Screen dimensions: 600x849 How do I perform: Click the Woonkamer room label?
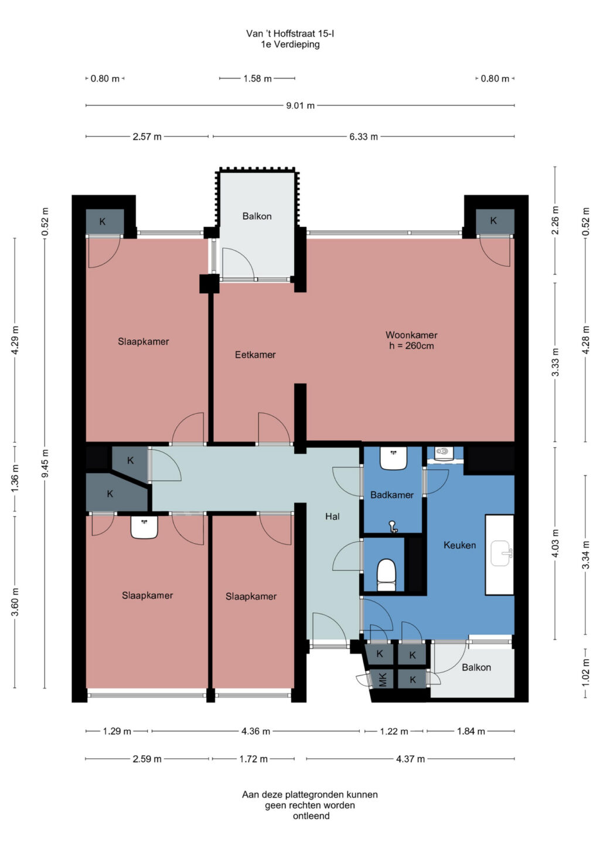[x=411, y=335]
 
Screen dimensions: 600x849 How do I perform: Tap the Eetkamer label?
[x=255, y=355]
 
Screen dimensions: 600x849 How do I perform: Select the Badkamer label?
[x=392, y=495]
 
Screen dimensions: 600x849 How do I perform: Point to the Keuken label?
[x=459, y=545]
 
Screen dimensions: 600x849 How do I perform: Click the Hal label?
[x=332, y=516]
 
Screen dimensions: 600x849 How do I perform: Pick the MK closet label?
[x=383, y=680]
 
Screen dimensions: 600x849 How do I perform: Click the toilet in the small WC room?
[x=386, y=575]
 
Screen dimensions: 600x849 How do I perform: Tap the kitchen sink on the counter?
[x=501, y=553]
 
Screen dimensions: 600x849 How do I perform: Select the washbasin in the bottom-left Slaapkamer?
[x=144, y=527]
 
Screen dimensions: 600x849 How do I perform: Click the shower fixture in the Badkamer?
[x=393, y=527]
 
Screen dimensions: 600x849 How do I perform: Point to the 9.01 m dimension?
[x=301, y=106]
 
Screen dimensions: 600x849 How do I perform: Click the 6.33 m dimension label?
[x=364, y=137]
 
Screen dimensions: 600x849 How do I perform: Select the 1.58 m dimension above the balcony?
[x=258, y=79]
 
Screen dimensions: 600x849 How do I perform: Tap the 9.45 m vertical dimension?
[x=45, y=463]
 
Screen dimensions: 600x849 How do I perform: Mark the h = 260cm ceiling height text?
[x=411, y=346]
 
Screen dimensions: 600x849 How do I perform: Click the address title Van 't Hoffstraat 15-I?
[x=290, y=34]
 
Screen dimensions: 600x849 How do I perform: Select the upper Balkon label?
[x=257, y=216]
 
